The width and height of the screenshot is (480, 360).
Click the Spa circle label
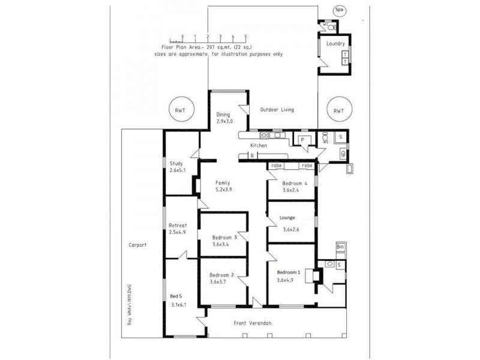[x=340, y=10]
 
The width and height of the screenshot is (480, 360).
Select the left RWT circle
[x=179, y=110]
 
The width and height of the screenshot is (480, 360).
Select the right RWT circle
[x=338, y=110]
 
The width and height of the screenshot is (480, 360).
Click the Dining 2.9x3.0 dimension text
[x=224, y=121]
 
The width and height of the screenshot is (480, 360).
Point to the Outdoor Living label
[x=277, y=110]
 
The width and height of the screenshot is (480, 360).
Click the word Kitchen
[x=259, y=146]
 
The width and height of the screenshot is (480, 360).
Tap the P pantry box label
[x=303, y=139]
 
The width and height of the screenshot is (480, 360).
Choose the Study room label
[x=176, y=163]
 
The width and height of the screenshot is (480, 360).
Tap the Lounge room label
[x=288, y=217]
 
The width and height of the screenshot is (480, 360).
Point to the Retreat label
[x=178, y=225]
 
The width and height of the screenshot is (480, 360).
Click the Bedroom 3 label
[x=224, y=237]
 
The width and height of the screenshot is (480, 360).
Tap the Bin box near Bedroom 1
[x=340, y=247]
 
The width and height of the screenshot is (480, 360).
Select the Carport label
[x=138, y=245]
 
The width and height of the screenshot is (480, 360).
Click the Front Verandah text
[x=253, y=323]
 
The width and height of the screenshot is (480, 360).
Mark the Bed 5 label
[x=175, y=296]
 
